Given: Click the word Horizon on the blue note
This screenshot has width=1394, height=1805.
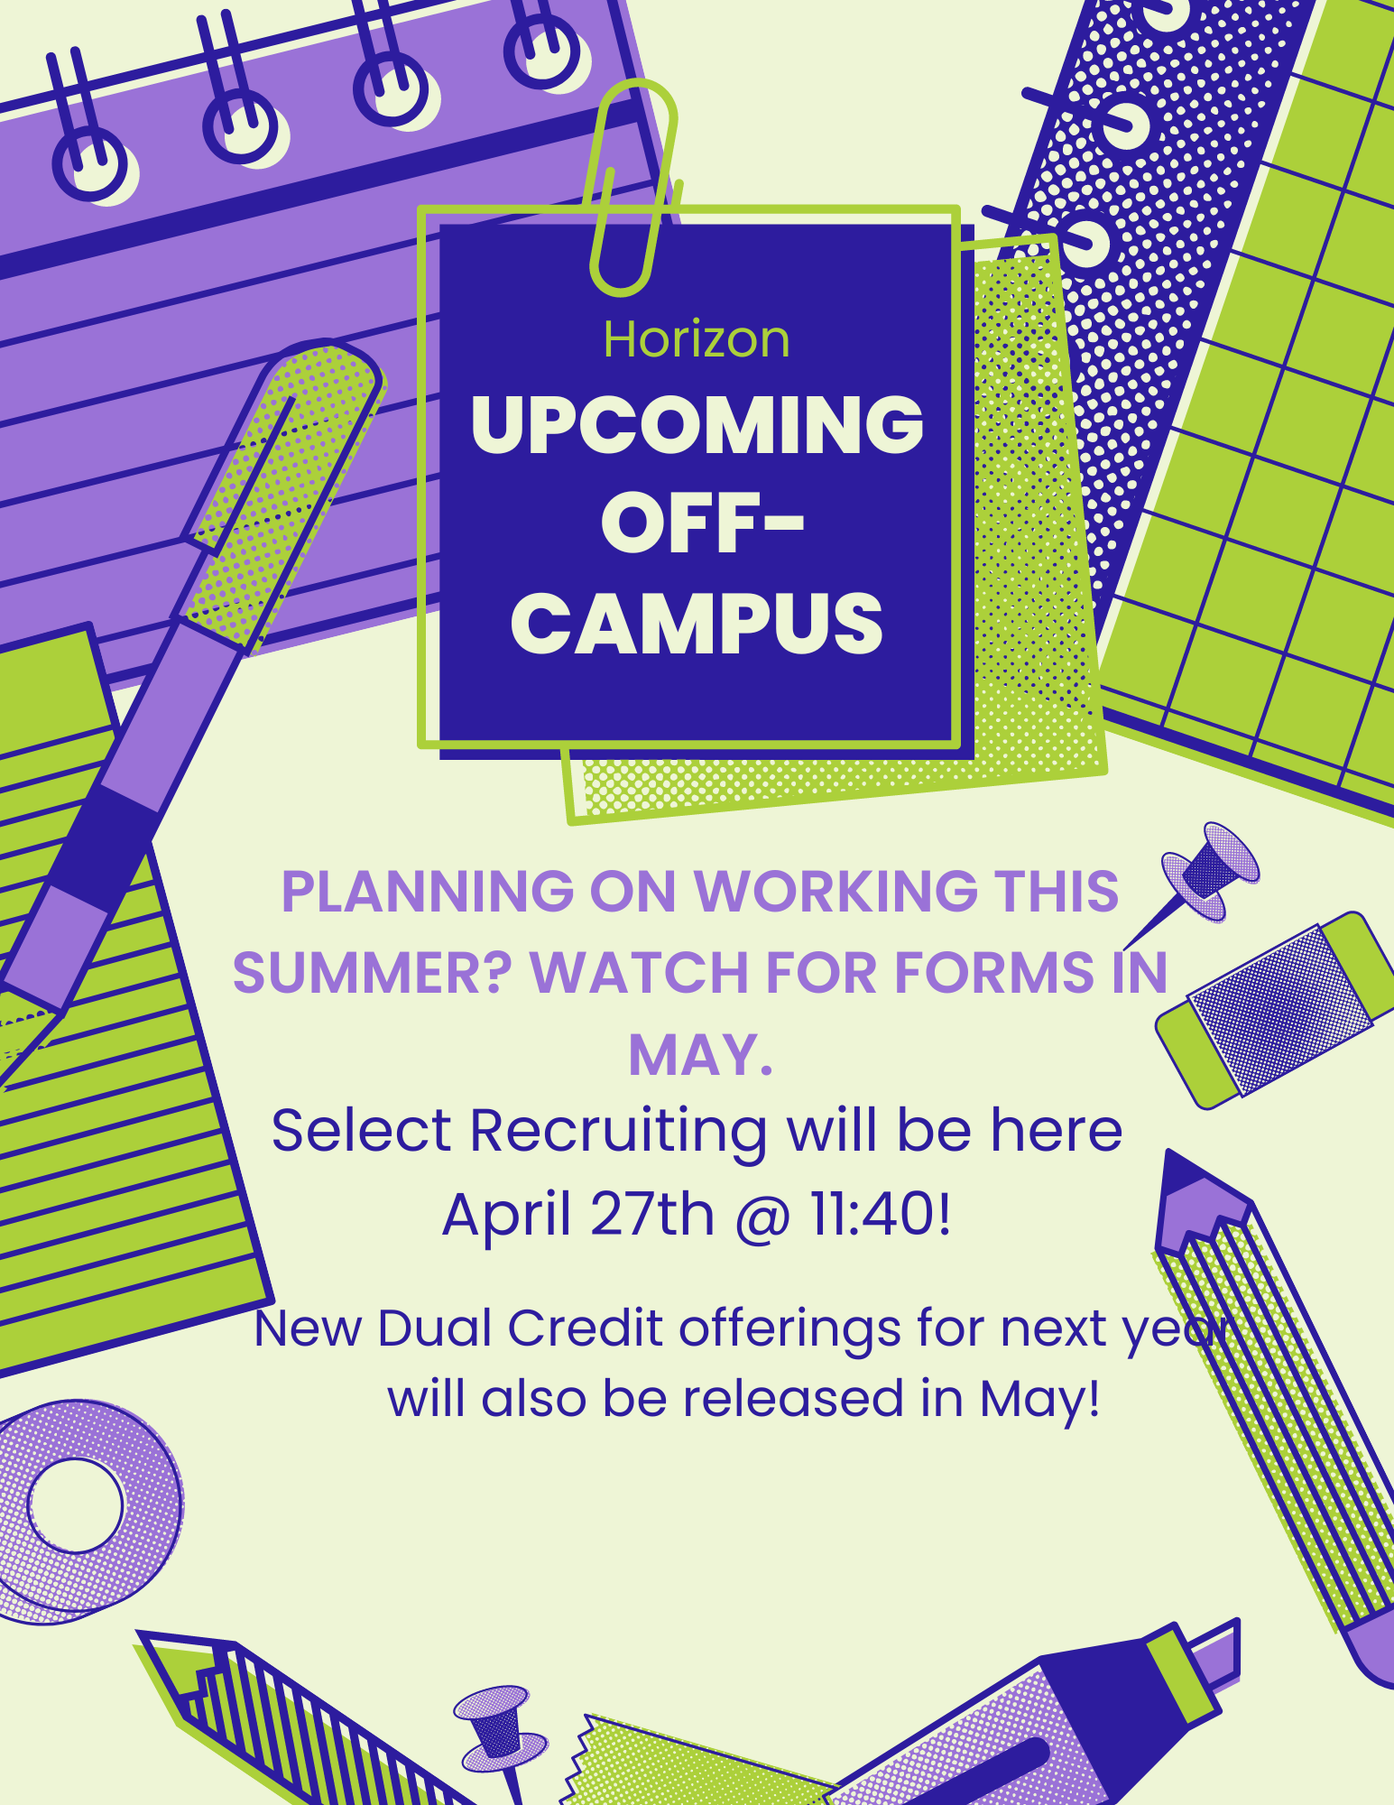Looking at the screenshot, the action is click(x=697, y=340).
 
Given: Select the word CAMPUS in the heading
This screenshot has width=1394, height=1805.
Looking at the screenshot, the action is click(x=697, y=624).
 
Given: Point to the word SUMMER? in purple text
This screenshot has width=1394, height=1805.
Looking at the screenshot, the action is click(x=372, y=973).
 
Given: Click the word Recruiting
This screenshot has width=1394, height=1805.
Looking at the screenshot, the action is click(x=618, y=1132).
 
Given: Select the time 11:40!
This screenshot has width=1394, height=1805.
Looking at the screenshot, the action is click(x=881, y=1214).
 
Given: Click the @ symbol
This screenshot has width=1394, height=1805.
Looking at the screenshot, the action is click(x=762, y=1217).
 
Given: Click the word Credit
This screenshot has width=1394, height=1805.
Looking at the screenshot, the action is click(x=586, y=1328).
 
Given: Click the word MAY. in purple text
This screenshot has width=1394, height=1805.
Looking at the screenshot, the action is click(x=701, y=1054).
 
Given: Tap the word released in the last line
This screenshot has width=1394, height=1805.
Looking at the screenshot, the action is click(x=792, y=1399).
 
